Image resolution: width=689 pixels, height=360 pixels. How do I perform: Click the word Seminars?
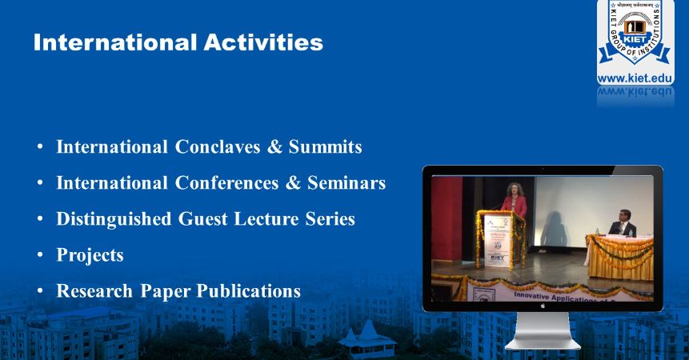(347, 183)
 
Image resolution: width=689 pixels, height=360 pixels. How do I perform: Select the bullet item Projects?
(90, 255)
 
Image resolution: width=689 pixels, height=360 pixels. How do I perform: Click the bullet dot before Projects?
(40, 256)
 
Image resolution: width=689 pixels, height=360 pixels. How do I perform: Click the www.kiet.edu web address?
(635, 78)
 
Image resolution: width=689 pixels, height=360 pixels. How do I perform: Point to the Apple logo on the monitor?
(543, 305)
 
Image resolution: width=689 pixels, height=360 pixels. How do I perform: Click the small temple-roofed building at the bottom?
(367, 336)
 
